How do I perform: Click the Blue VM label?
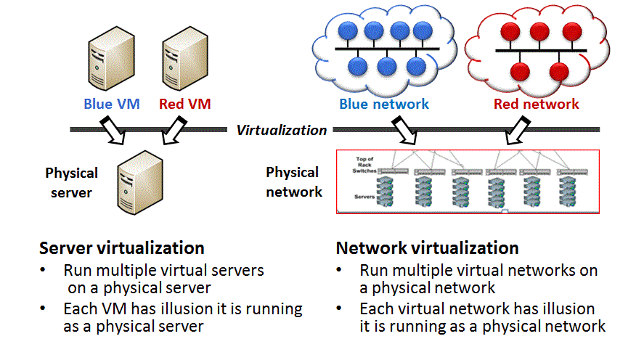pos(108,104)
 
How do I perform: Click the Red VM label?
pos(184,104)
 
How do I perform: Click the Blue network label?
pos(384,104)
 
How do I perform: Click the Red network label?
pos(537,104)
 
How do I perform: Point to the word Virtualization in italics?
pos(282,130)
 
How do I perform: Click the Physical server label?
pos(71,183)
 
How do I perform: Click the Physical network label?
pos(293,181)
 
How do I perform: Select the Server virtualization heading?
pos(121,247)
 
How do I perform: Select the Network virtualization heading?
pos(427,247)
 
